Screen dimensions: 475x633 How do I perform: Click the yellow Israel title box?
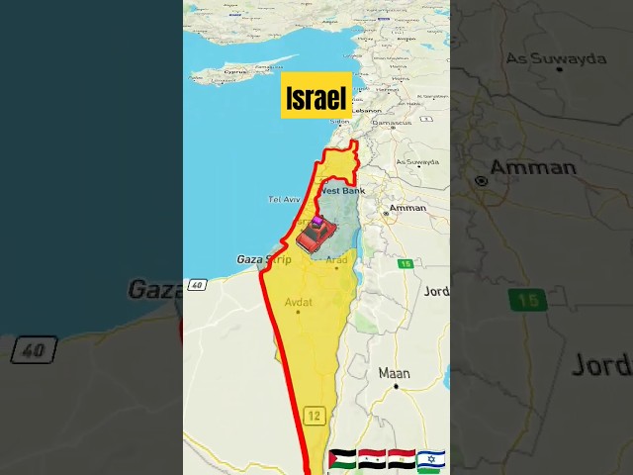[316, 96]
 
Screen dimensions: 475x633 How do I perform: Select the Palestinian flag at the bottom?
[341, 460]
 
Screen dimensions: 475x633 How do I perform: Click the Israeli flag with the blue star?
[430, 460]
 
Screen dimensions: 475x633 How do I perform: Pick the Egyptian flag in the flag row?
[401, 460]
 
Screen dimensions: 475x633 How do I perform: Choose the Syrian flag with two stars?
[371, 460]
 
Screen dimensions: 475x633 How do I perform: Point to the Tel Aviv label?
[284, 199]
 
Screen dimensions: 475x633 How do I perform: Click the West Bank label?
[343, 190]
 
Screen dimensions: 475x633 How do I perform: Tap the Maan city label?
[394, 373]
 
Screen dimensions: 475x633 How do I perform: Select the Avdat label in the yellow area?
[298, 302]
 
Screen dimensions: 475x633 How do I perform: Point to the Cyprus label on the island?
[235, 72]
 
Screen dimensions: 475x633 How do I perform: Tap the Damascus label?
[394, 124]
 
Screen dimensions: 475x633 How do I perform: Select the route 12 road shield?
[315, 416]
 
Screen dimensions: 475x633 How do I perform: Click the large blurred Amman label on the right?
[533, 166]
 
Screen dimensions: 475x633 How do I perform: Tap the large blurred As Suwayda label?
[556, 58]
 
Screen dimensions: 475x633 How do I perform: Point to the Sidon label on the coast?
[339, 122]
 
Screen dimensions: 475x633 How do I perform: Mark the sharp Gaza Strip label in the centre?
[264, 259]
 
